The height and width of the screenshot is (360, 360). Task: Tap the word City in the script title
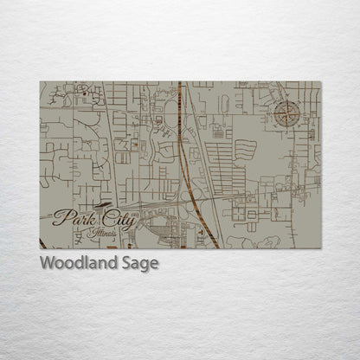click(117, 222)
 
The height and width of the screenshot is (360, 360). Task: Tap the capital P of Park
click(61, 217)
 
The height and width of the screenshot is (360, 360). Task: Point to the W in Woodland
click(47, 263)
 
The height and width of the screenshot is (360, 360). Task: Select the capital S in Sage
click(129, 263)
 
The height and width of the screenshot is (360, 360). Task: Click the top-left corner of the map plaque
click(40, 81)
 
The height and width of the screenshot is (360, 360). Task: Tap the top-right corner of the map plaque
click(320, 81)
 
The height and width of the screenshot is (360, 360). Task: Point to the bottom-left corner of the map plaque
click(40, 249)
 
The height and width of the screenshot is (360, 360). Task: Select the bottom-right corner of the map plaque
click(320, 249)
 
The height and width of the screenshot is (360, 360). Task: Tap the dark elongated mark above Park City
click(101, 205)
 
